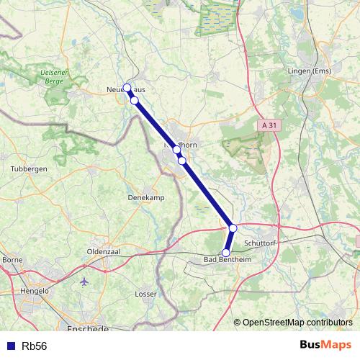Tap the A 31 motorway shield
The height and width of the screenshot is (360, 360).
269,125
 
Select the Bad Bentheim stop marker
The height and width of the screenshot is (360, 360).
226,253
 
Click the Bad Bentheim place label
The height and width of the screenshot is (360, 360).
226,261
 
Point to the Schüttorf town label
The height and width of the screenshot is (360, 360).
261,243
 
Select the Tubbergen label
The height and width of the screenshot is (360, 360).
29,169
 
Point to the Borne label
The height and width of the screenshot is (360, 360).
13,259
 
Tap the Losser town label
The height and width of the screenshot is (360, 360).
146,294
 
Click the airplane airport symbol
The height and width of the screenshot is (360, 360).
86,280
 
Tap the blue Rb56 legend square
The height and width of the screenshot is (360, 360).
11,346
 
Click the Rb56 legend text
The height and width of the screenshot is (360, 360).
35,346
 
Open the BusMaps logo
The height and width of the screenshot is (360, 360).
325,346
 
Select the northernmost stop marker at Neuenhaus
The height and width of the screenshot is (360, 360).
127,88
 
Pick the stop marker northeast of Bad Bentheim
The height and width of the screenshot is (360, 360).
233,228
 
